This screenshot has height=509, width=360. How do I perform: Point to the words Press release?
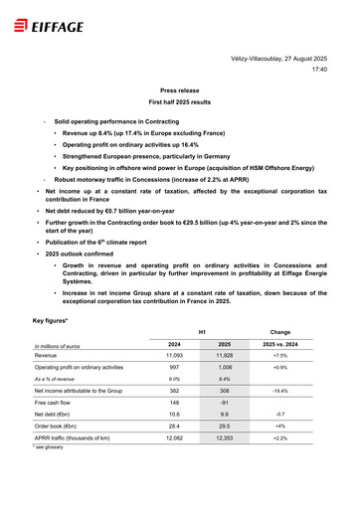(180, 89)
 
